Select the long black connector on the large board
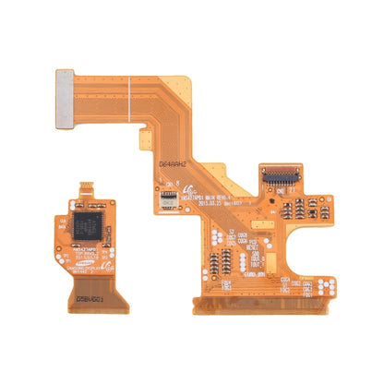281,173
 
